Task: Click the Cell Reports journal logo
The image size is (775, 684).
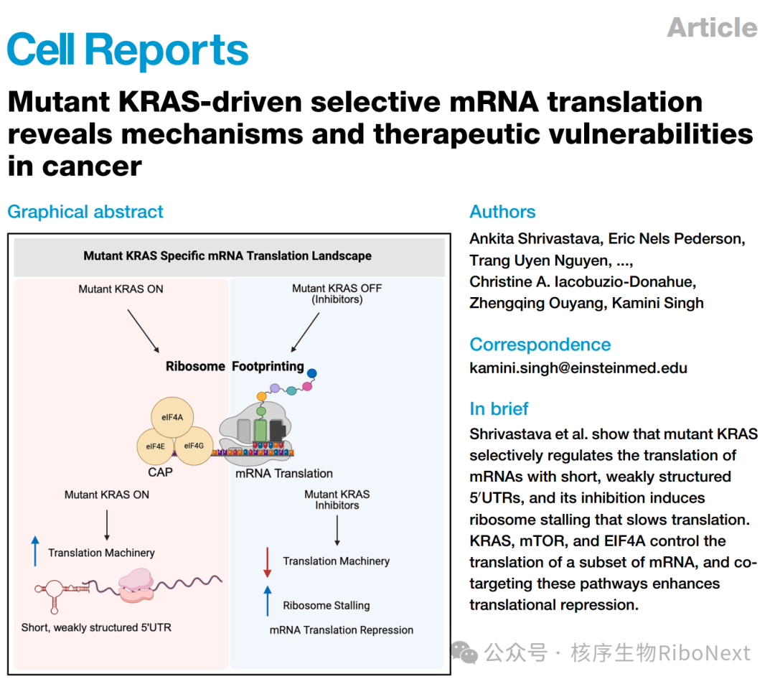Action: (128, 49)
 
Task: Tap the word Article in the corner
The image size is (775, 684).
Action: (713, 27)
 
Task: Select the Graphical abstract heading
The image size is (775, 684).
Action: (85, 212)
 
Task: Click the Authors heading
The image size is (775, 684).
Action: (502, 212)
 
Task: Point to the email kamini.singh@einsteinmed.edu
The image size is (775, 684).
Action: (578, 367)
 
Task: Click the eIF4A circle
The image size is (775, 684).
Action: (172, 418)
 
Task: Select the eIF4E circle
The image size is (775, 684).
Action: (156, 446)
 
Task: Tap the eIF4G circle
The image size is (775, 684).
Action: (194, 446)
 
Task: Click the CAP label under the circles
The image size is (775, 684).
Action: (160, 472)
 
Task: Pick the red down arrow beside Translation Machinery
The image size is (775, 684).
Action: (268, 563)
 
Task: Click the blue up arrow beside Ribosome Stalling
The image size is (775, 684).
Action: (268, 601)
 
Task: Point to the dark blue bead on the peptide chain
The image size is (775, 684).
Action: (312, 373)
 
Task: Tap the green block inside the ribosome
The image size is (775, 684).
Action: (260, 430)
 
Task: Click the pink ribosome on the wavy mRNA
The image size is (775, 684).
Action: (136, 585)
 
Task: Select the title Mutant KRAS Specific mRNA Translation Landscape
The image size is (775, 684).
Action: (227, 256)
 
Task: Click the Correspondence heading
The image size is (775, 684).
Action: (540, 345)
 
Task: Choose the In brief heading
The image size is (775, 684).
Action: (499, 408)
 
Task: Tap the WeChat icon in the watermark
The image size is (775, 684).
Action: (464, 652)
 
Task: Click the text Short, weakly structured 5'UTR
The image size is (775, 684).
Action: (96, 628)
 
